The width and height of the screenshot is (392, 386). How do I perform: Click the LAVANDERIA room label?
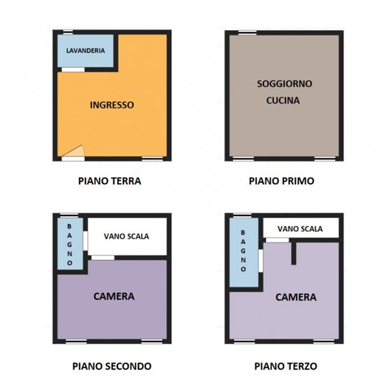[86, 50]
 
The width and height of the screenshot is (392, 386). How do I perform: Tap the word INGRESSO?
[112, 105]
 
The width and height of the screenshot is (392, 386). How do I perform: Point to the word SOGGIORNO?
[284, 84]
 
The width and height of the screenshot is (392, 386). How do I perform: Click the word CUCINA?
[283, 101]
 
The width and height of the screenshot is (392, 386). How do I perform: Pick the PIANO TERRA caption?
[110, 181]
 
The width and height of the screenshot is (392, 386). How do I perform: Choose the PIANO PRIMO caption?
[282, 181]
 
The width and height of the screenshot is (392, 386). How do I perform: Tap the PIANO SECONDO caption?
[112, 366]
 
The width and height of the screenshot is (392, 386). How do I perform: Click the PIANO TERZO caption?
[286, 366]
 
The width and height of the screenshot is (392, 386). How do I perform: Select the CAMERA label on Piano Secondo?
[114, 297]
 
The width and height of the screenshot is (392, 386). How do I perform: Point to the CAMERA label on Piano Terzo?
[296, 297]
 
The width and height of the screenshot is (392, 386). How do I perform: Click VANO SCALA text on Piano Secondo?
[127, 236]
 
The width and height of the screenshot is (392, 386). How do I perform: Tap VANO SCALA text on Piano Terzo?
[300, 229]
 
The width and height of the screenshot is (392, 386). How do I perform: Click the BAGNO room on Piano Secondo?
[71, 244]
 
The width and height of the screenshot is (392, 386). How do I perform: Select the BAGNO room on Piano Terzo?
[244, 252]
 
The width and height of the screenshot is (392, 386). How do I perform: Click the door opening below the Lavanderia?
[73, 70]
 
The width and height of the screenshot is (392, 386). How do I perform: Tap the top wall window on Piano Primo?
[248, 33]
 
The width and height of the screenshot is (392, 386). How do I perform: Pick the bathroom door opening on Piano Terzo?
[261, 261]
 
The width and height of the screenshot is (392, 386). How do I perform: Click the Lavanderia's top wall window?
[68, 32]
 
